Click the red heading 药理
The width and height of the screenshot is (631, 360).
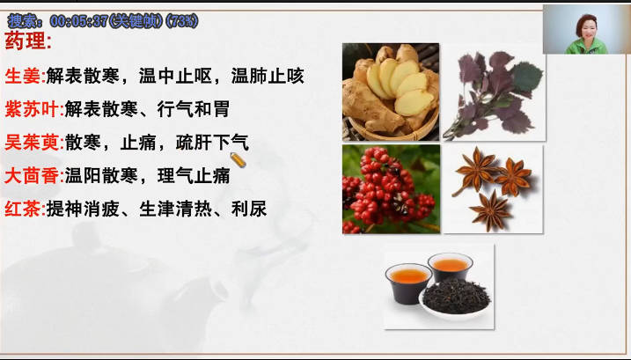tap(26, 41)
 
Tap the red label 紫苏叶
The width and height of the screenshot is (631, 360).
tap(32, 109)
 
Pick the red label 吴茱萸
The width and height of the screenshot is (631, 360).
tap(32, 143)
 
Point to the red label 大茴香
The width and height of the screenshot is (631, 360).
tap(32, 176)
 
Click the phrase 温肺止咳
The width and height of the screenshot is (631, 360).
tap(268, 76)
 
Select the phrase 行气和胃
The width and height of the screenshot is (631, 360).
tap(194, 109)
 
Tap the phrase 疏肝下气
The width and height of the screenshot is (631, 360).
tap(212, 143)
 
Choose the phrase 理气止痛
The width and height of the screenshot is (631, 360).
tap(194, 176)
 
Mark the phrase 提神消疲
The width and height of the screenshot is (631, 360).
tap(83, 209)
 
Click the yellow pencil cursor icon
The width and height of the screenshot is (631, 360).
tap(238, 160)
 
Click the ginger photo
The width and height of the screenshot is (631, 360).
tap(391, 92)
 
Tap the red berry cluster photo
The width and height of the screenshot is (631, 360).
tap(391, 189)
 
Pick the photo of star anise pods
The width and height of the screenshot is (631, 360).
tap(494, 189)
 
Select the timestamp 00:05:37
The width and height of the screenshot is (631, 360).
tap(78, 21)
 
